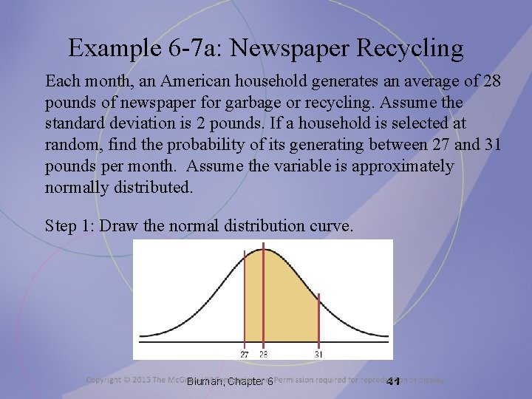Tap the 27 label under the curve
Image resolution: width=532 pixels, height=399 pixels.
click(x=245, y=353)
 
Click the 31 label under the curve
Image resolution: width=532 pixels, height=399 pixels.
click(x=318, y=353)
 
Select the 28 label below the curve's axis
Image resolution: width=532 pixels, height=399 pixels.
click(x=264, y=353)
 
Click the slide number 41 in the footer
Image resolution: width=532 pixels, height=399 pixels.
click(x=392, y=381)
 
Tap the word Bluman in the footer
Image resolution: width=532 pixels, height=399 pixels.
click(x=205, y=381)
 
